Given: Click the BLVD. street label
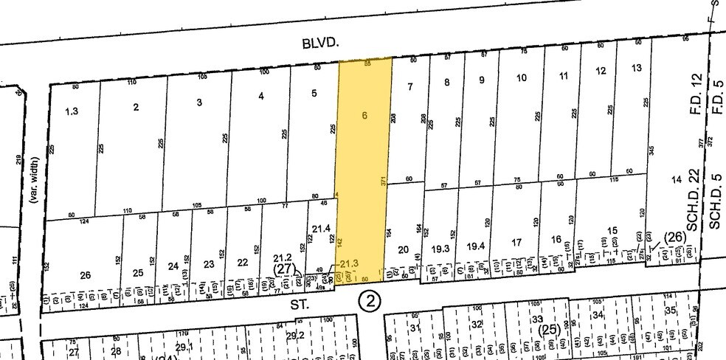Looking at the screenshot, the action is point(319,44).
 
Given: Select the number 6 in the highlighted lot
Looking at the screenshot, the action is point(363,115).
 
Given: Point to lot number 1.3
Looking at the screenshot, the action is point(71,111).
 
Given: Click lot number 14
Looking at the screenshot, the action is point(675,180).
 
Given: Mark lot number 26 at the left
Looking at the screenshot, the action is point(86,275).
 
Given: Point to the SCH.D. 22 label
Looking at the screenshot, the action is point(692,211).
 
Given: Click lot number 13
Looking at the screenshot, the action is point(637,69).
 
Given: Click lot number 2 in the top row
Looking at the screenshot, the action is point(135,107).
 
